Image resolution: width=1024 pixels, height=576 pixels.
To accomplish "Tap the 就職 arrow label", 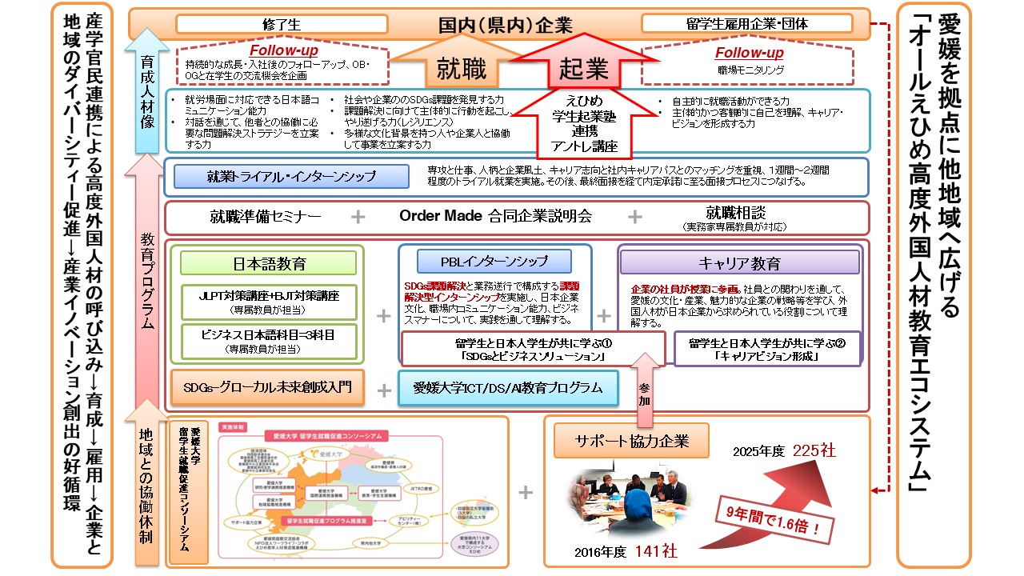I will (462, 70).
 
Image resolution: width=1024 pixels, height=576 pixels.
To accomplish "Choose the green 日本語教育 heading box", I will (269, 263).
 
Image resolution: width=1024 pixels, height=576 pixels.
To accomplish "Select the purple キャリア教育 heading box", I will (738, 263).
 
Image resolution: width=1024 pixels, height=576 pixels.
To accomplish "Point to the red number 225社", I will (814, 452).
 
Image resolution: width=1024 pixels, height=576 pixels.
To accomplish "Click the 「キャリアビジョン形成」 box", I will (767, 349).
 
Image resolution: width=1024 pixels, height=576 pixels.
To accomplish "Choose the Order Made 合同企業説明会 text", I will (495, 217).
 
